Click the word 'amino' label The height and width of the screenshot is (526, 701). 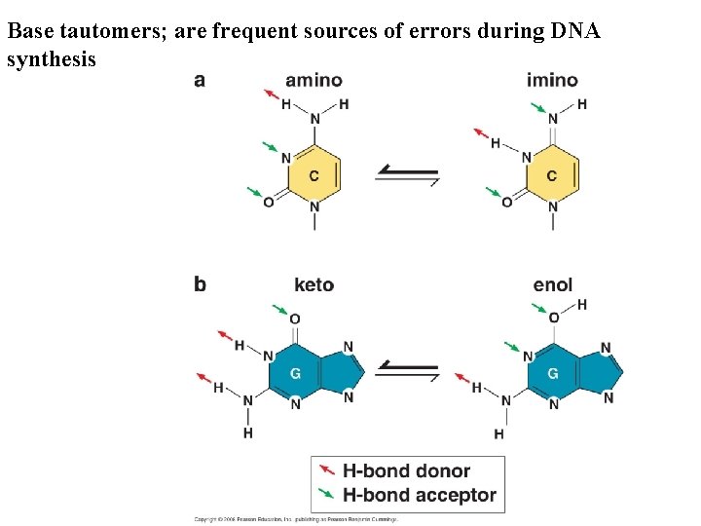click(314, 80)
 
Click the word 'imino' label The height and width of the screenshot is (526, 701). click(552, 80)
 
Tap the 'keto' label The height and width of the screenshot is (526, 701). click(314, 284)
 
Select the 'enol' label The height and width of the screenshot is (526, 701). click(553, 284)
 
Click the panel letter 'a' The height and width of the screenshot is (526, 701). click(200, 80)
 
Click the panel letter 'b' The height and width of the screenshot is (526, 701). click(200, 284)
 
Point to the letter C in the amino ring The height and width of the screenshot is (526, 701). click(314, 175)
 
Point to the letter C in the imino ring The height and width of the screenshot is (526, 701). click(552, 175)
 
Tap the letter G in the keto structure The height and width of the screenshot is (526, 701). click(296, 373)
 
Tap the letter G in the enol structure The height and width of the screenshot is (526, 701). click(553, 373)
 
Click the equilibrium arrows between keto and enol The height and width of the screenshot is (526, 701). click(407, 370)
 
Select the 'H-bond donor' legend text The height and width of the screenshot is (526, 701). click(406, 471)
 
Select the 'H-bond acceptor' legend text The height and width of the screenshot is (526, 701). click(420, 496)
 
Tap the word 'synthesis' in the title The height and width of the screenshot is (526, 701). click(51, 59)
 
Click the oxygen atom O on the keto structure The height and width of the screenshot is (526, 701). click(295, 319)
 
